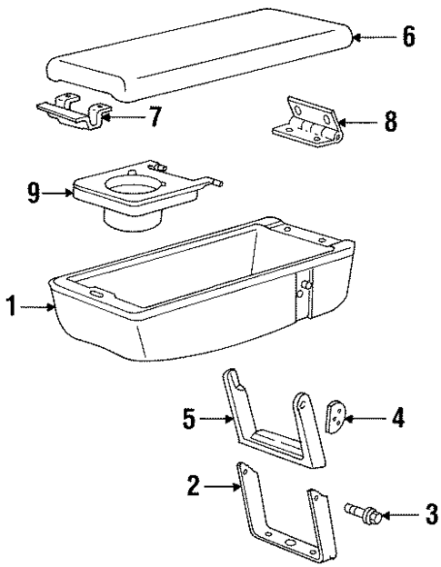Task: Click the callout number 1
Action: coord(11,308)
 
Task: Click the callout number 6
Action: coord(409,37)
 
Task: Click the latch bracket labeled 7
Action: coord(71,112)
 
